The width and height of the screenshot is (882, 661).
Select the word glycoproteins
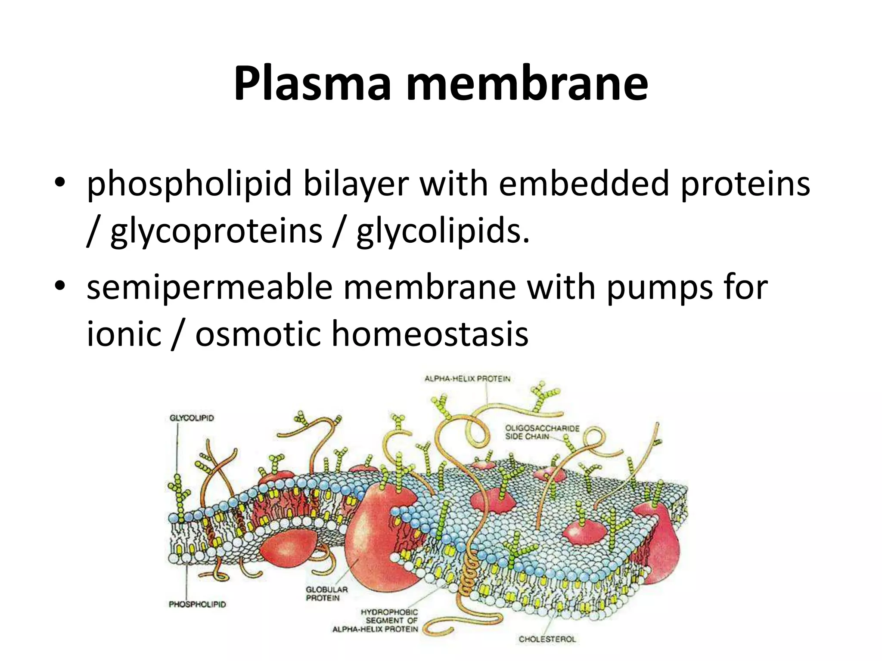216,231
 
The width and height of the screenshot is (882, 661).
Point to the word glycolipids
443,231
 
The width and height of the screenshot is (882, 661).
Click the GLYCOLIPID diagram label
192,418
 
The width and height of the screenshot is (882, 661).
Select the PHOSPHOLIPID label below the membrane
197,605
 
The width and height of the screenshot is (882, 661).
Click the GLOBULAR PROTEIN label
326,594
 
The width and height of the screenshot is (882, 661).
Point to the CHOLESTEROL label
547,639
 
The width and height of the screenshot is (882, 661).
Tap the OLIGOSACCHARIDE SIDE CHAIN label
542,432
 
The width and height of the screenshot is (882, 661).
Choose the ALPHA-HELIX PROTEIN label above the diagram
467,379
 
